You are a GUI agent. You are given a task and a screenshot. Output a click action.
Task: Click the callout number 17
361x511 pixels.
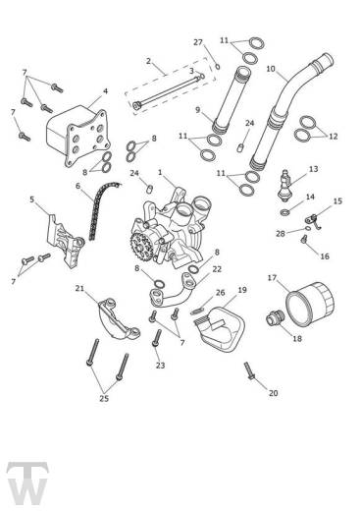coord(272,278)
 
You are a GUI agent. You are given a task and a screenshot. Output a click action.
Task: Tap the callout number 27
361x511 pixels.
coord(197,42)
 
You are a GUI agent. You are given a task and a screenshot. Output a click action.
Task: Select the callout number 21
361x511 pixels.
coord(80,289)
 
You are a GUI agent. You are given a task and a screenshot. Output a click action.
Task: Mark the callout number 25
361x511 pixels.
coord(105,400)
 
